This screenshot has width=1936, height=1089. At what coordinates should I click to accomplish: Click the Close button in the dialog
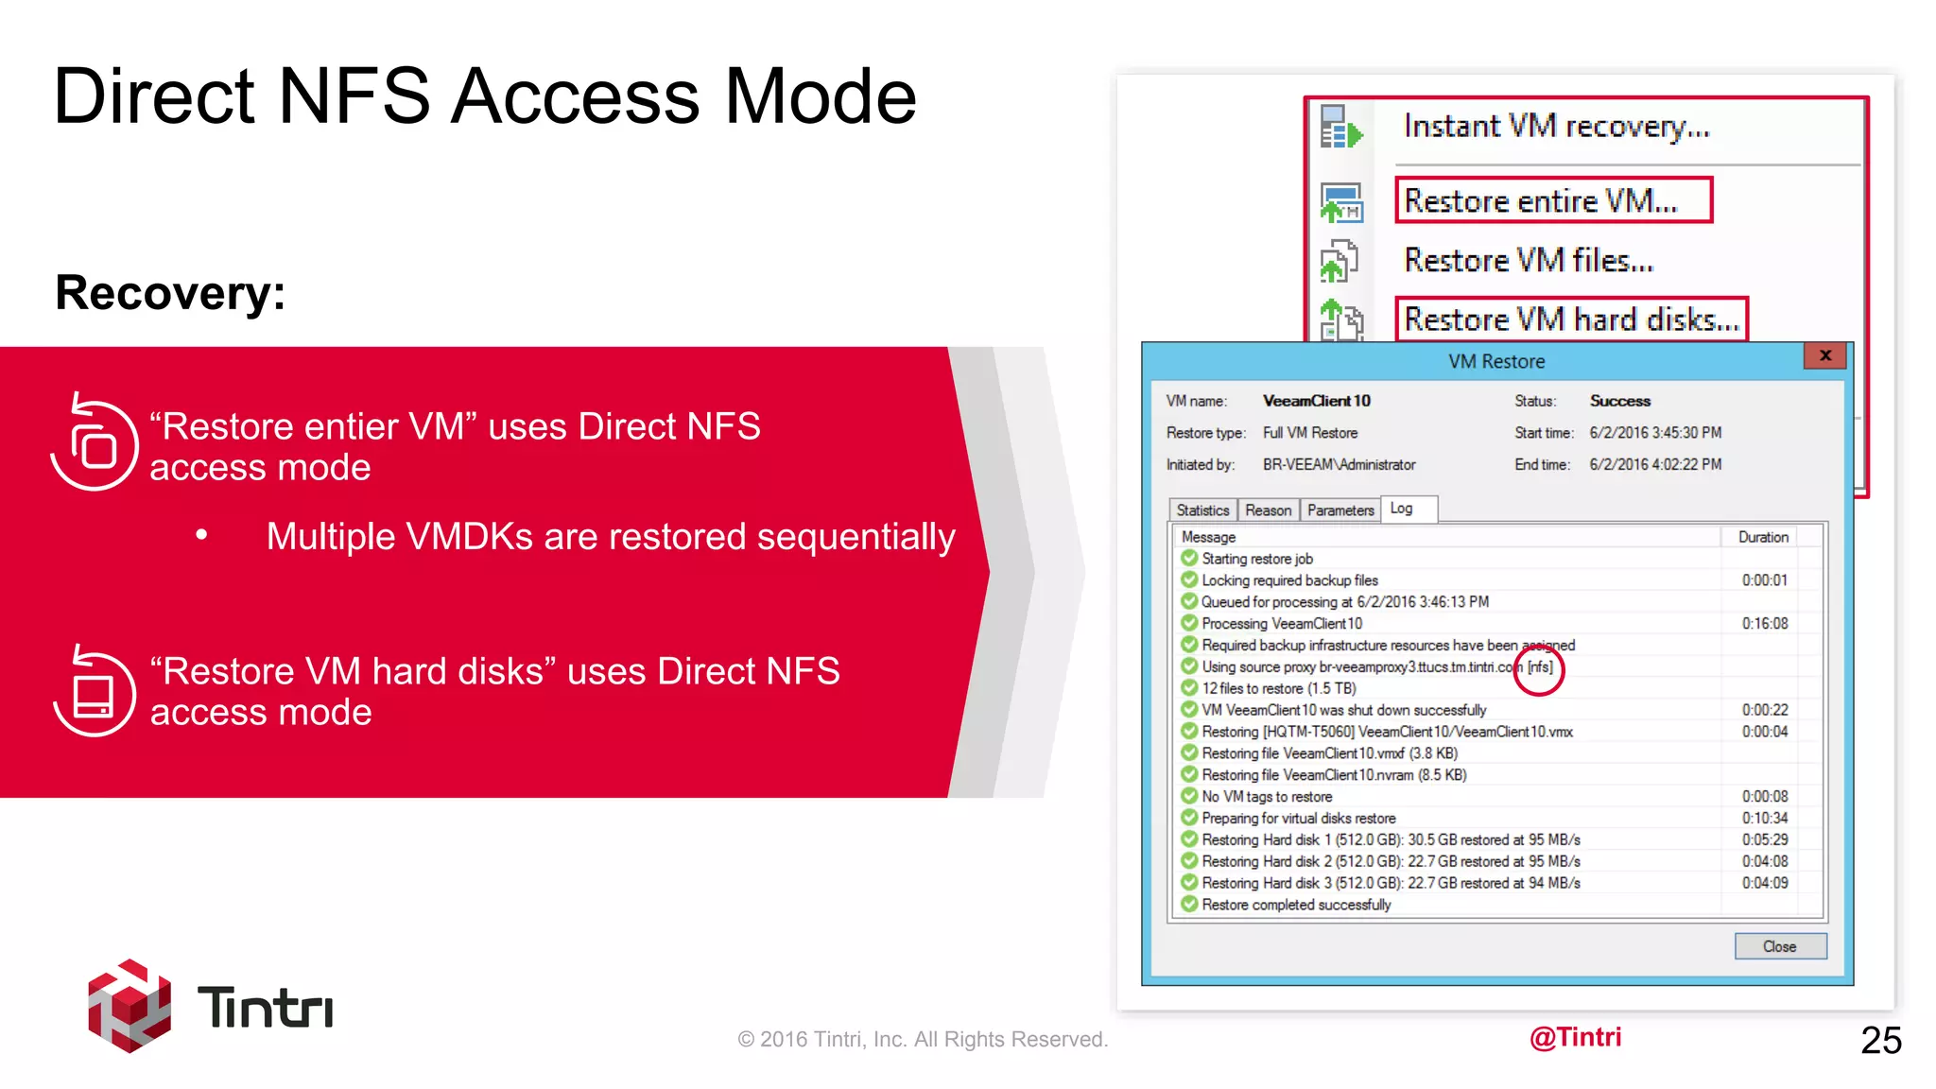[x=1779, y=946]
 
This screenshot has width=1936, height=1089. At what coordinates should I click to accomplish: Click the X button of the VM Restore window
[x=1825, y=355]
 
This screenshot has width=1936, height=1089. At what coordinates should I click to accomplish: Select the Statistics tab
[x=1202, y=510]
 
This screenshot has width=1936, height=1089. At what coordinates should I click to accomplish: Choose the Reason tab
[x=1268, y=510]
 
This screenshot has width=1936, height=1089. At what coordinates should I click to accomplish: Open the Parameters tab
[x=1340, y=510]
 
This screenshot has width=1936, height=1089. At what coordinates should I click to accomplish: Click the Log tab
[x=1402, y=509]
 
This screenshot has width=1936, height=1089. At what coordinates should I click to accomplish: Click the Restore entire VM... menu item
[x=1541, y=201]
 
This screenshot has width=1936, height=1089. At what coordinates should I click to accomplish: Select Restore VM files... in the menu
[x=1529, y=260]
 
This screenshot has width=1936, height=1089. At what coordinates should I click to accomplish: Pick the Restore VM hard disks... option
[x=1571, y=320]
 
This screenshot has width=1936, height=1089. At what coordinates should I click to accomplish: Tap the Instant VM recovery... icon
[x=1340, y=128]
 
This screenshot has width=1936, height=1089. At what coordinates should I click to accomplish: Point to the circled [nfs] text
[x=1540, y=667]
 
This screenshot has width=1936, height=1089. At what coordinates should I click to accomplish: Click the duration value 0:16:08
[x=1765, y=624]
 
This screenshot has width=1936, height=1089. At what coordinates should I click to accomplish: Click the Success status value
[x=1619, y=401]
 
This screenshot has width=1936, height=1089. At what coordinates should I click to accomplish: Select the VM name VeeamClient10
[x=1316, y=401]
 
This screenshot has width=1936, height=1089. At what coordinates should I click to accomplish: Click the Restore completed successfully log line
[x=1296, y=905]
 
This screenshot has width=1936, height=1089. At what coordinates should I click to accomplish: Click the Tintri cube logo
[x=130, y=1006]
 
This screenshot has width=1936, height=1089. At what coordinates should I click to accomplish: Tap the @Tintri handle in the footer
[x=1575, y=1037]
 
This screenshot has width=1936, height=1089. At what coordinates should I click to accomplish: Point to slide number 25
[x=1880, y=1040]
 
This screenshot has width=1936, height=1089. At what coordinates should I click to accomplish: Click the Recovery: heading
[x=170, y=293]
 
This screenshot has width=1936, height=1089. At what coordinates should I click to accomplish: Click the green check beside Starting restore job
[x=1189, y=559]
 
